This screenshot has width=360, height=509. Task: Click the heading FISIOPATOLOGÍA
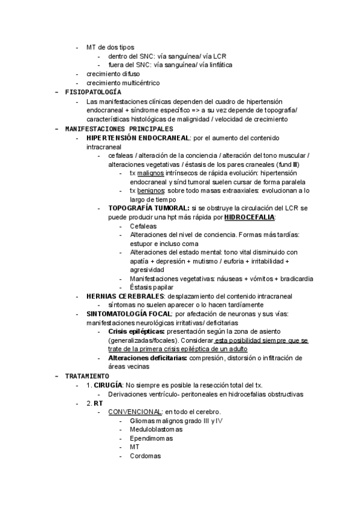(x=93, y=92)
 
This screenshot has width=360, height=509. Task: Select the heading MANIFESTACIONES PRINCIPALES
(x=119, y=128)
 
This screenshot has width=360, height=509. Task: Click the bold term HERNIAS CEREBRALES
(x=125, y=296)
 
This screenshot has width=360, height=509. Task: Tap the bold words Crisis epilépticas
(x=136, y=332)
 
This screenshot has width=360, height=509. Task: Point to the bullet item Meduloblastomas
(x=156, y=429)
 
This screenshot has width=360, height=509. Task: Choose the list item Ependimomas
(x=151, y=438)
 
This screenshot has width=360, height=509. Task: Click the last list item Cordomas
(x=145, y=456)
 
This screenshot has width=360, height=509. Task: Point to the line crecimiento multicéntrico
(x=123, y=83)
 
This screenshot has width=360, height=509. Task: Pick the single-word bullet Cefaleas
(x=143, y=226)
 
